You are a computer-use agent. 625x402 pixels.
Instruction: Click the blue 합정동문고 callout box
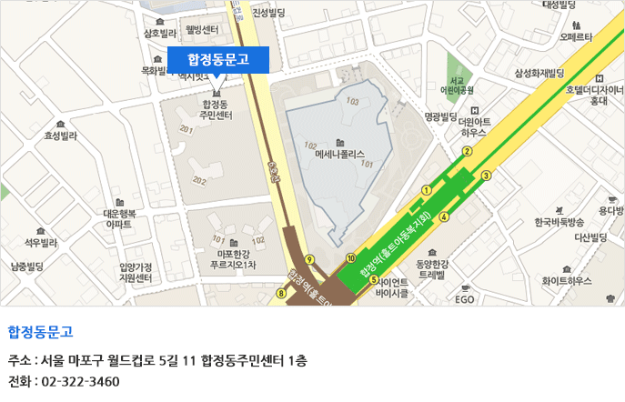click(217, 59)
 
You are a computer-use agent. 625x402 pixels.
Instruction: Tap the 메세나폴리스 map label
click(339, 155)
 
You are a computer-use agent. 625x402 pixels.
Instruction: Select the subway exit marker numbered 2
click(467, 151)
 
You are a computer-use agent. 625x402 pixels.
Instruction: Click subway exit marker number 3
click(487, 175)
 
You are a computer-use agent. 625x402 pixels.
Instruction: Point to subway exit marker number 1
click(426, 190)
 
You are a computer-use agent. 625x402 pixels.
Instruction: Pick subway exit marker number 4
click(444, 216)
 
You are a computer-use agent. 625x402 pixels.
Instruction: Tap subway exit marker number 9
click(310, 259)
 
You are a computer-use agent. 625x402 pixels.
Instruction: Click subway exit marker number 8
click(281, 293)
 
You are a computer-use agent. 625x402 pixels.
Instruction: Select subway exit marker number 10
click(351, 258)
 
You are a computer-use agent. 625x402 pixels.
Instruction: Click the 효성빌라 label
click(61, 136)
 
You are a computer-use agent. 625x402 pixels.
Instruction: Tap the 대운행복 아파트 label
click(119, 218)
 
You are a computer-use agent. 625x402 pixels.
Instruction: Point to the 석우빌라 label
click(41, 243)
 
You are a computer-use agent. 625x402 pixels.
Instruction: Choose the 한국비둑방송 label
click(559, 222)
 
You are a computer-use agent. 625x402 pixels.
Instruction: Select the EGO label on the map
click(464, 298)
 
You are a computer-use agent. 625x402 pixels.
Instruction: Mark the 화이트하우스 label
click(567, 281)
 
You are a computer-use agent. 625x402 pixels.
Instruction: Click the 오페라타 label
click(577, 37)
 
